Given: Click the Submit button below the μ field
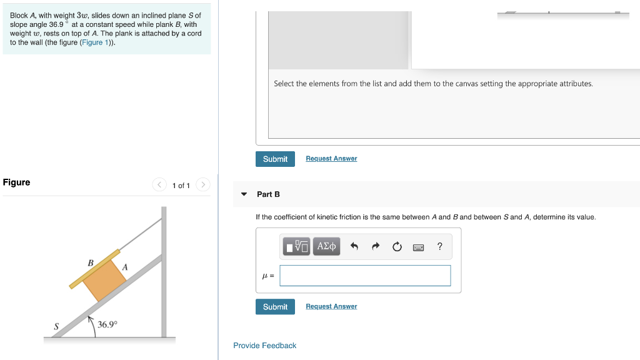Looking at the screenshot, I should point(275,307).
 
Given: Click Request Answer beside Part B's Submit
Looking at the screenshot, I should point(331,306).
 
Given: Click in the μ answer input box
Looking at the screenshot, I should point(365,276).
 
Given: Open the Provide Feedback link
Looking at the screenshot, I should point(264,346).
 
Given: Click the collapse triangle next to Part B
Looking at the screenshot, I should point(244,194).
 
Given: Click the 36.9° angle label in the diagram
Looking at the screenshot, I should point(107,325).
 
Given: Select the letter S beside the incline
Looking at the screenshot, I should point(56,326).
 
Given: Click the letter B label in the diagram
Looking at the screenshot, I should point(91,263).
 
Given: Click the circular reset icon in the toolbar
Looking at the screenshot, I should point(397,246).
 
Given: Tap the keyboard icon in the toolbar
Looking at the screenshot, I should point(419,247).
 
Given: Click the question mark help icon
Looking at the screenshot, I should point(440,246).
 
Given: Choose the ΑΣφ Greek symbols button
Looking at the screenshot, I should point(327,246).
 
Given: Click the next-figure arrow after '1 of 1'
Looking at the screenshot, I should point(202,185).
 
